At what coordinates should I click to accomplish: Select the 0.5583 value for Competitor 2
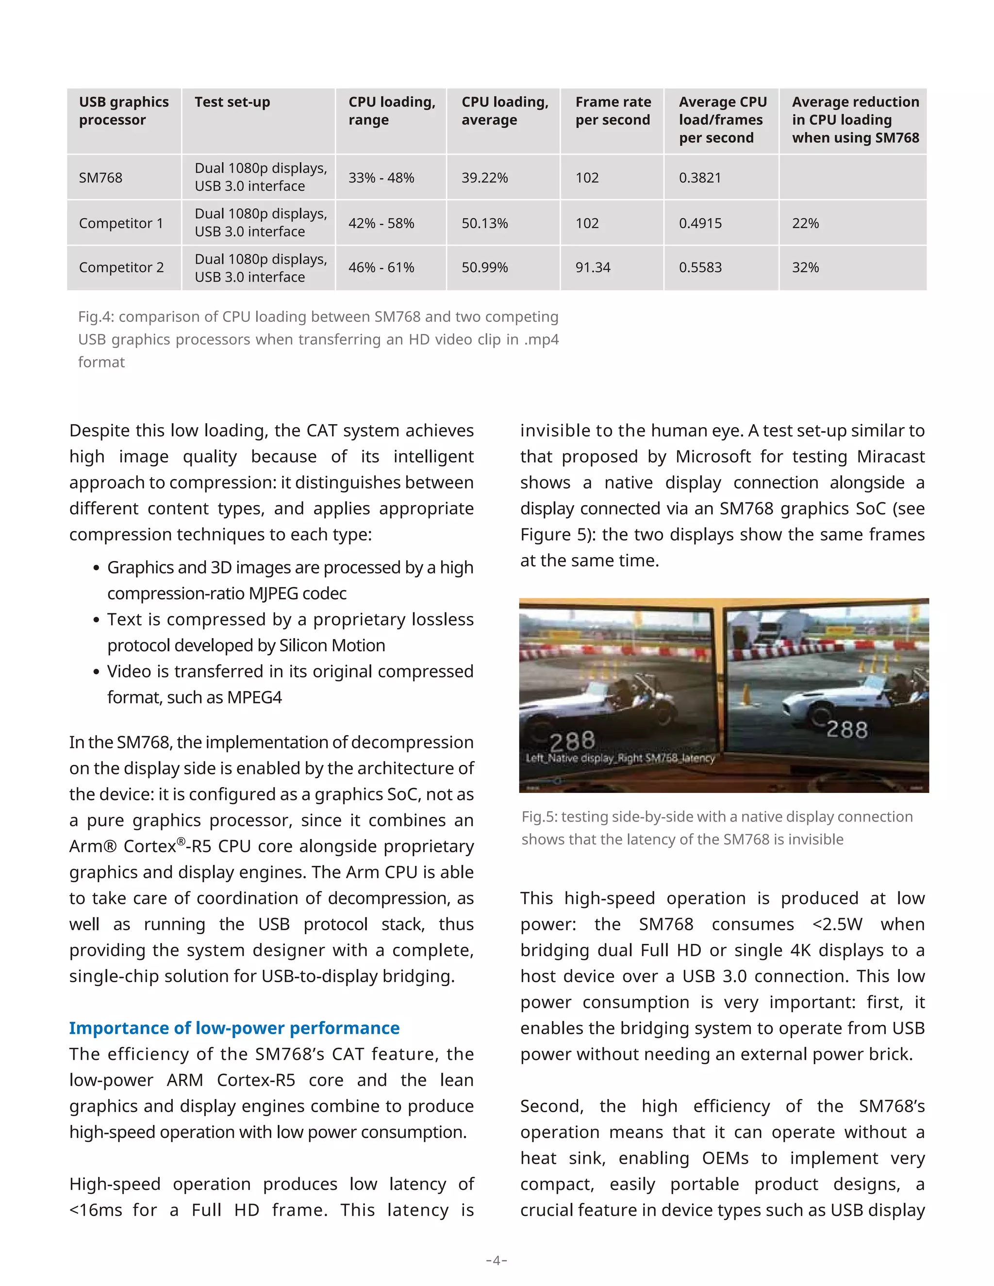point(700,267)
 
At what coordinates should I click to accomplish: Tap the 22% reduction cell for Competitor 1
point(805,223)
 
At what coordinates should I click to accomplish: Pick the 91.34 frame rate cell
point(593,267)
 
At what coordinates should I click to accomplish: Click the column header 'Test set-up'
point(232,102)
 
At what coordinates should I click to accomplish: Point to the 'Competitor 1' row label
point(121,223)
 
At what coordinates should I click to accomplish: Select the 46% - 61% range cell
point(381,267)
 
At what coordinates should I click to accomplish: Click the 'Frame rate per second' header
point(613,111)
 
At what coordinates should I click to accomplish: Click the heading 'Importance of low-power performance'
point(234,1028)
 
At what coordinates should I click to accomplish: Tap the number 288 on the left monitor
point(572,740)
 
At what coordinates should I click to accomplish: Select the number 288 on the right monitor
point(847,729)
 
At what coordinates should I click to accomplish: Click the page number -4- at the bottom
point(497,1260)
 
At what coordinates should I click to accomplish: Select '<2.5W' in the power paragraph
point(837,924)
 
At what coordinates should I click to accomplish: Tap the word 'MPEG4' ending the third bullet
point(254,697)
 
